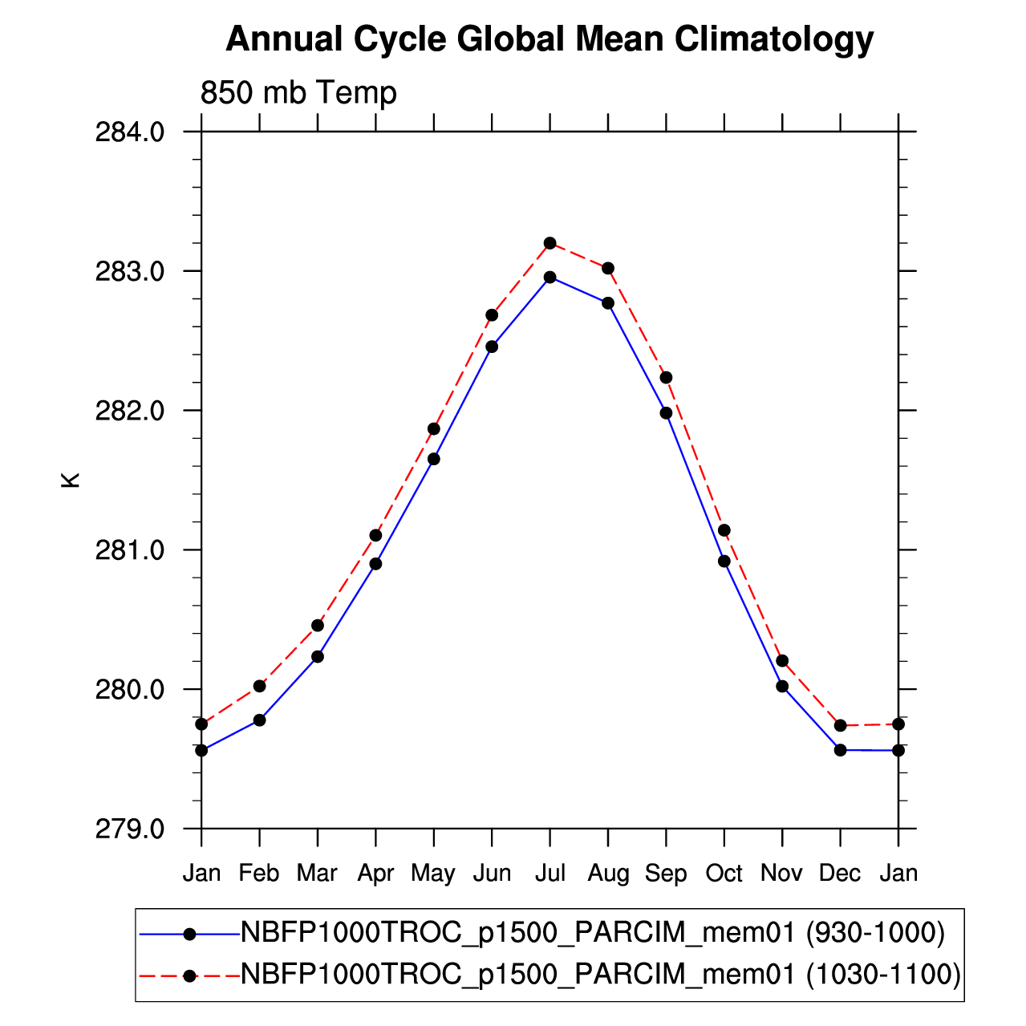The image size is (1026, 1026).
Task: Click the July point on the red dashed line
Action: pyautogui.click(x=550, y=243)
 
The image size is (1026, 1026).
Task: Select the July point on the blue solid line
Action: pyautogui.click(x=550, y=278)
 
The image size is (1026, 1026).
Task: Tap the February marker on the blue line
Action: pyautogui.click(x=259, y=720)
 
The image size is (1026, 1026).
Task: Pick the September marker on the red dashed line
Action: pyautogui.click(x=666, y=378)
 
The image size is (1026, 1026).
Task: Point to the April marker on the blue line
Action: pyautogui.click(x=376, y=564)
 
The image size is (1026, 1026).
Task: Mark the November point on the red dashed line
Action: pyautogui.click(x=782, y=661)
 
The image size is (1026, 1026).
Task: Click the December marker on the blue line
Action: pyautogui.click(x=840, y=750)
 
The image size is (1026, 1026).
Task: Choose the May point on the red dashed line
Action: pyautogui.click(x=434, y=428)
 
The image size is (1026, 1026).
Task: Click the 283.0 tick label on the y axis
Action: pyautogui.click(x=129, y=272)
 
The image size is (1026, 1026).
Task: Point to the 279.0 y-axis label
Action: pyautogui.click(x=129, y=829)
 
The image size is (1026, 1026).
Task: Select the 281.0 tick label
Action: pyautogui.click(x=129, y=550)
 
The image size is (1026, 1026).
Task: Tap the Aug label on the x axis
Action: pyautogui.click(x=608, y=874)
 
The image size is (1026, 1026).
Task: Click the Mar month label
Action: pyautogui.click(x=317, y=873)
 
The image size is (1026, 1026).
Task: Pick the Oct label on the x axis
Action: pyautogui.click(x=724, y=873)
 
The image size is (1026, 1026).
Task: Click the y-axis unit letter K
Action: pyautogui.click(x=71, y=481)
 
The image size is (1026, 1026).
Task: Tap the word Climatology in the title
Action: pyautogui.click(x=774, y=39)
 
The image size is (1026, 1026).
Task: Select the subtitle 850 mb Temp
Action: pyautogui.click(x=298, y=92)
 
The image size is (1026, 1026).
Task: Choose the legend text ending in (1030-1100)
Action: pyautogui.click(x=601, y=975)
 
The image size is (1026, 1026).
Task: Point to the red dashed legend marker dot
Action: pyautogui.click(x=189, y=976)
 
